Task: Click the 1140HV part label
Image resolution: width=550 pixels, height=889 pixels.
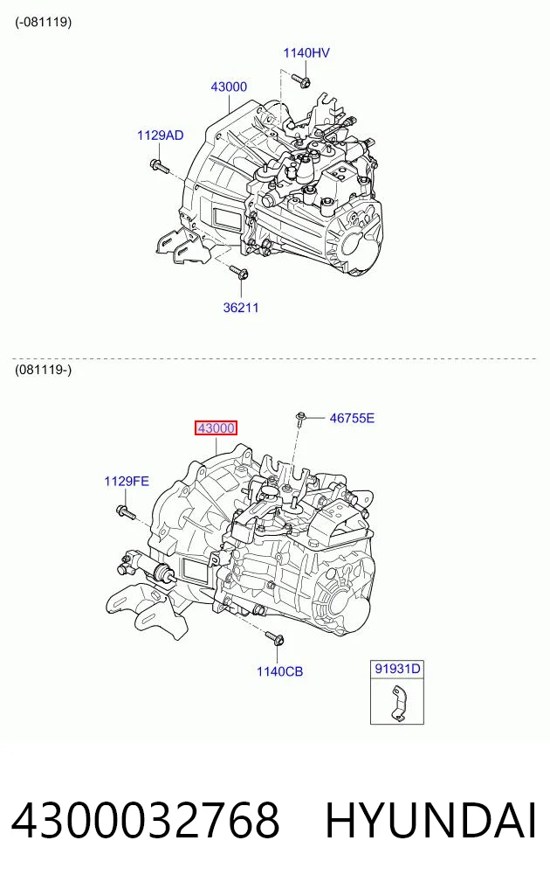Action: click(x=306, y=52)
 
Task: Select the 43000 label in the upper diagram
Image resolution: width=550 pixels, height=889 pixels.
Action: click(x=229, y=87)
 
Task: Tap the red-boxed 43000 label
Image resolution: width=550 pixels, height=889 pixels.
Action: click(x=216, y=428)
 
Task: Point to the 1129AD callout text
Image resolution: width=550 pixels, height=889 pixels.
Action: click(x=161, y=135)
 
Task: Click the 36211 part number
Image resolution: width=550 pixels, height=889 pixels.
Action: click(x=241, y=308)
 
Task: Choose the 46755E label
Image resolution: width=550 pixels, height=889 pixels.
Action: click(x=352, y=419)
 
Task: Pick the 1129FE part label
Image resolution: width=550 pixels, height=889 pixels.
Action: click(x=127, y=482)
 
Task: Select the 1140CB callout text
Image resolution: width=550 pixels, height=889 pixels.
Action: click(x=280, y=672)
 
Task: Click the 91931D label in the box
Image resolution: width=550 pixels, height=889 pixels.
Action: click(x=397, y=669)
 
